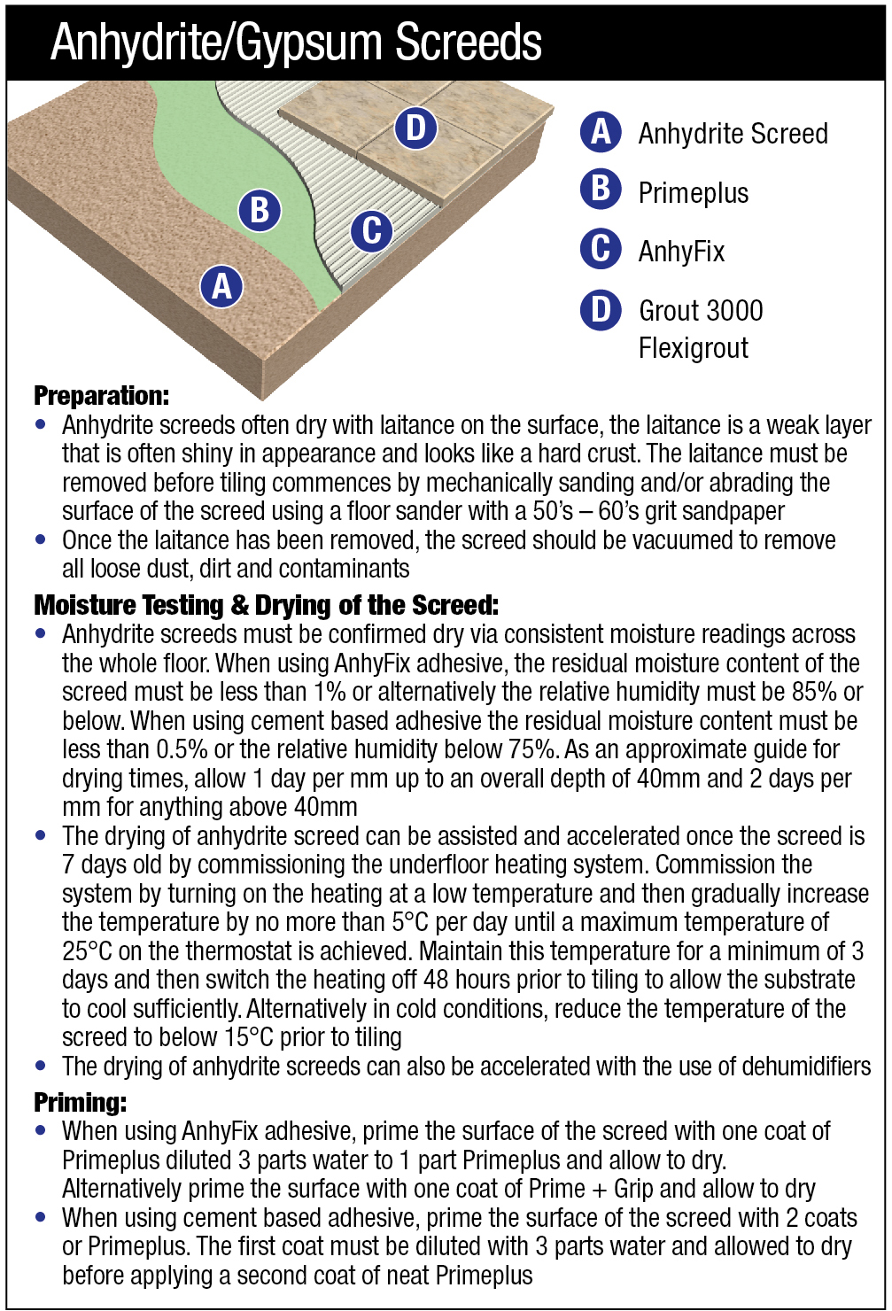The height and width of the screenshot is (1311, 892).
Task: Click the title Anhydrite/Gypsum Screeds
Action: pos(296,42)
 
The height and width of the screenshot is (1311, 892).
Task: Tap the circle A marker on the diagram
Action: pos(221,285)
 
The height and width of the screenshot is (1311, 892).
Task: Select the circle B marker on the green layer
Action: pos(260,211)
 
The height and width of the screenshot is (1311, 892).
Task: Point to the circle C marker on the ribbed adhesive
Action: pos(371,231)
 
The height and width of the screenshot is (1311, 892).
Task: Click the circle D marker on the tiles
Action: pos(415,128)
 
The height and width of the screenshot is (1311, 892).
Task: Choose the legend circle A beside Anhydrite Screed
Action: pos(601,132)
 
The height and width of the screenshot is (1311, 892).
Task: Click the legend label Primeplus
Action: pos(694,192)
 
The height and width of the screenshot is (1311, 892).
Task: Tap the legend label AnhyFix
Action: pos(681,252)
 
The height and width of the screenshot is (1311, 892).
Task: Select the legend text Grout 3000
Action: pos(701,310)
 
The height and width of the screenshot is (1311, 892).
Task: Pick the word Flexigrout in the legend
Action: pos(694,347)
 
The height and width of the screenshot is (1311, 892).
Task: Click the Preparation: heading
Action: pos(101,395)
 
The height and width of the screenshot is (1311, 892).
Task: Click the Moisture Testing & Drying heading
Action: pos(266,606)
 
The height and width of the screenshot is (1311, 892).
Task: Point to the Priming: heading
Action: pos(80,1103)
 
